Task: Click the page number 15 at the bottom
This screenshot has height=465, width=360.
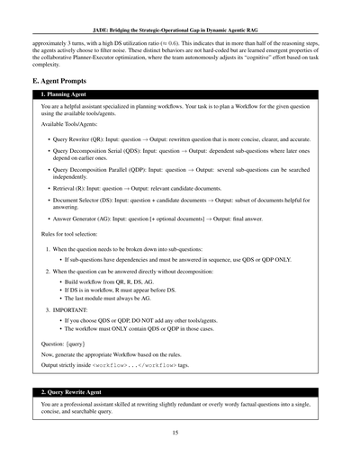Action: pyautogui.click(x=180, y=432)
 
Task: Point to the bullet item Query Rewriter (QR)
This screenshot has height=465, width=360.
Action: pyautogui.click(x=180, y=139)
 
